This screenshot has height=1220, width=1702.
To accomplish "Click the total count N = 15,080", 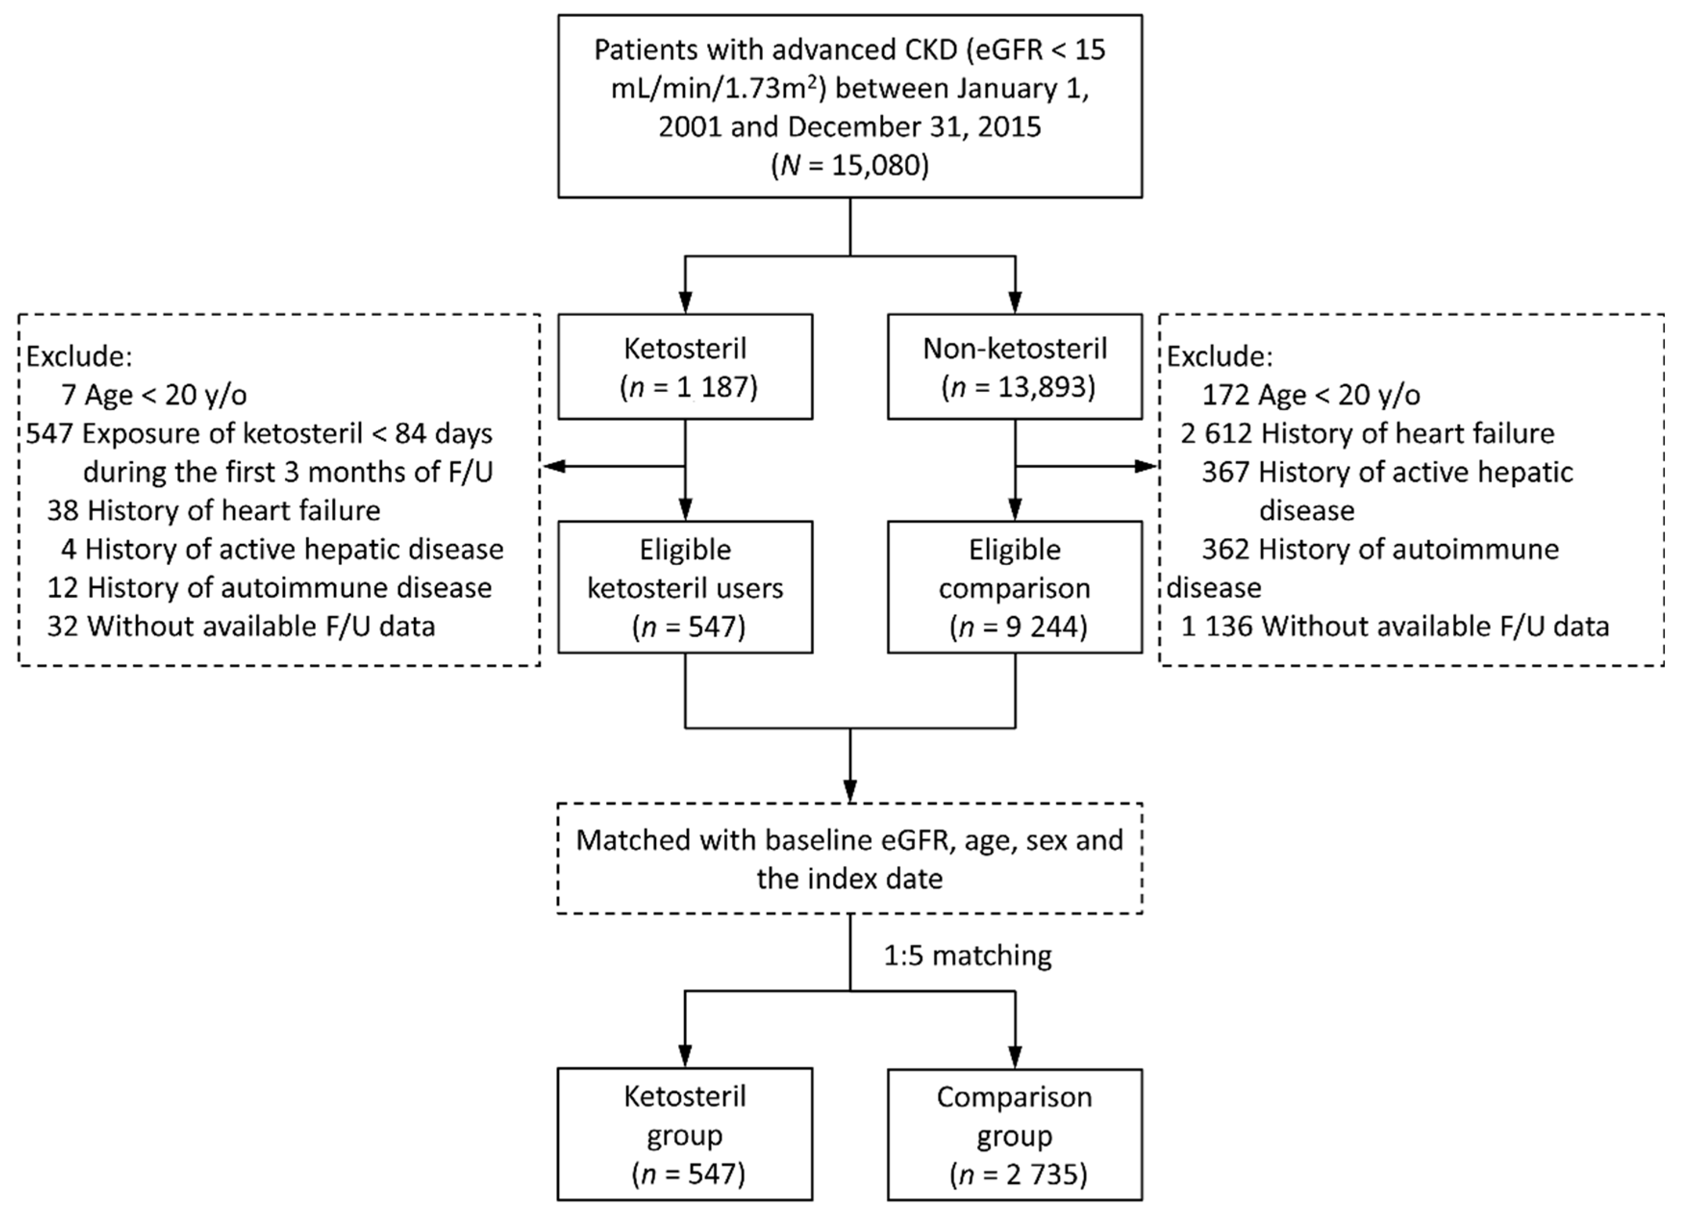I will pos(849,165).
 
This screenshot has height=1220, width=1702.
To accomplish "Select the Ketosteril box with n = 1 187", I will pos(684,366).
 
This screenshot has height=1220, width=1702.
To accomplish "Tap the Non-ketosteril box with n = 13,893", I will pos(1015,366).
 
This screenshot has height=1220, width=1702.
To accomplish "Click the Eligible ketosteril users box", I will pos(684,587).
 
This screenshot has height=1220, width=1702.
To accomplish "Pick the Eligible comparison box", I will pos(1015,587).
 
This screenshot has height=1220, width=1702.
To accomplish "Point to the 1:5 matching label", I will pos(967,956).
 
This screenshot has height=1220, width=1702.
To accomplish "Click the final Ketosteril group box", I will pos(684,1134).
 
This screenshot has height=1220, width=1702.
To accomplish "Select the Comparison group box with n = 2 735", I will pos(1015,1134).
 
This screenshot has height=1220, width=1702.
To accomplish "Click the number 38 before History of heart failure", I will pos(62,511).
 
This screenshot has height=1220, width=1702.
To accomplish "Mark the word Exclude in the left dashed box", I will pos(79,356).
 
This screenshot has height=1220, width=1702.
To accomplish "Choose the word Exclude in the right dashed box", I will pos(1219,356).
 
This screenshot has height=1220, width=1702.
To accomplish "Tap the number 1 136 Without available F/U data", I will pos(1217,626).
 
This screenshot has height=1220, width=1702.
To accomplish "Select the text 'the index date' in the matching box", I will pos(849,879).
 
